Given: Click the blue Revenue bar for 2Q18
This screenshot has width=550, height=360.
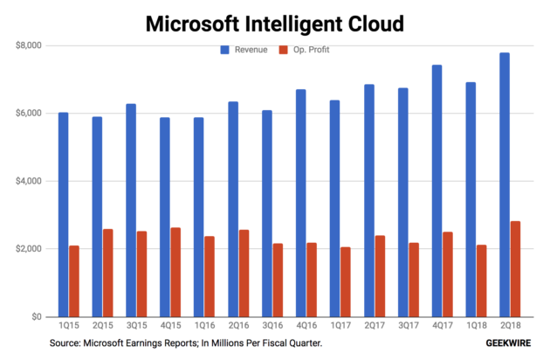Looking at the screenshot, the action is (x=505, y=184).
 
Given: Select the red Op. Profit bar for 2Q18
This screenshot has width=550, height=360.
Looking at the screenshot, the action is (x=516, y=269).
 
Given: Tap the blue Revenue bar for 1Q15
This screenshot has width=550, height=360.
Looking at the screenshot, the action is (x=63, y=215).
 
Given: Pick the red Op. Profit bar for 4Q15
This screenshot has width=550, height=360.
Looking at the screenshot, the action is (x=175, y=273).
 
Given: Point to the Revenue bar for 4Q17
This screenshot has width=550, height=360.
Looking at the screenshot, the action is (x=437, y=190).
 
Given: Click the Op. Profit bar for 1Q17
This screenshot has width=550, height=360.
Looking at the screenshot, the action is (x=346, y=282).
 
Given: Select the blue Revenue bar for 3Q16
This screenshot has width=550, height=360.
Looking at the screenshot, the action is (x=267, y=213).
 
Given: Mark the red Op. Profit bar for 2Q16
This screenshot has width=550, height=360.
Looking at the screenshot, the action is (x=244, y=273).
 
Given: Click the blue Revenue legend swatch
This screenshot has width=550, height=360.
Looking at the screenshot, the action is (x=225, y=50).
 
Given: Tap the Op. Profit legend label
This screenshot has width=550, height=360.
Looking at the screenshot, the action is (x=311, y=50).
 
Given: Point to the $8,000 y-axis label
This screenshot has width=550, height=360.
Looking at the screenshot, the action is (x=29, y=45).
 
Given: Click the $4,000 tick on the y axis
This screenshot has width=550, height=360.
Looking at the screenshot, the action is (x=29, y=181).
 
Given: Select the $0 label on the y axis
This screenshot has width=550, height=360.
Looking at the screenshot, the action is (x=37, y=316).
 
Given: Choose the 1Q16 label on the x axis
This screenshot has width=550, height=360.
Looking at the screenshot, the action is (x=204, y=325).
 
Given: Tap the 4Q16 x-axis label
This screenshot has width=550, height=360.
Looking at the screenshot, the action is (x=306, y=325).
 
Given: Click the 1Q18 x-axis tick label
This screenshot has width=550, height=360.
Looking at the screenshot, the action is (x=477, y=325).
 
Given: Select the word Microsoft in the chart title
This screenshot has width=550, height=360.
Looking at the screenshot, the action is (x=192, y=24).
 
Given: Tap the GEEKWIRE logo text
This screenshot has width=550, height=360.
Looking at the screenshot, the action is (x=508, y=343).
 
